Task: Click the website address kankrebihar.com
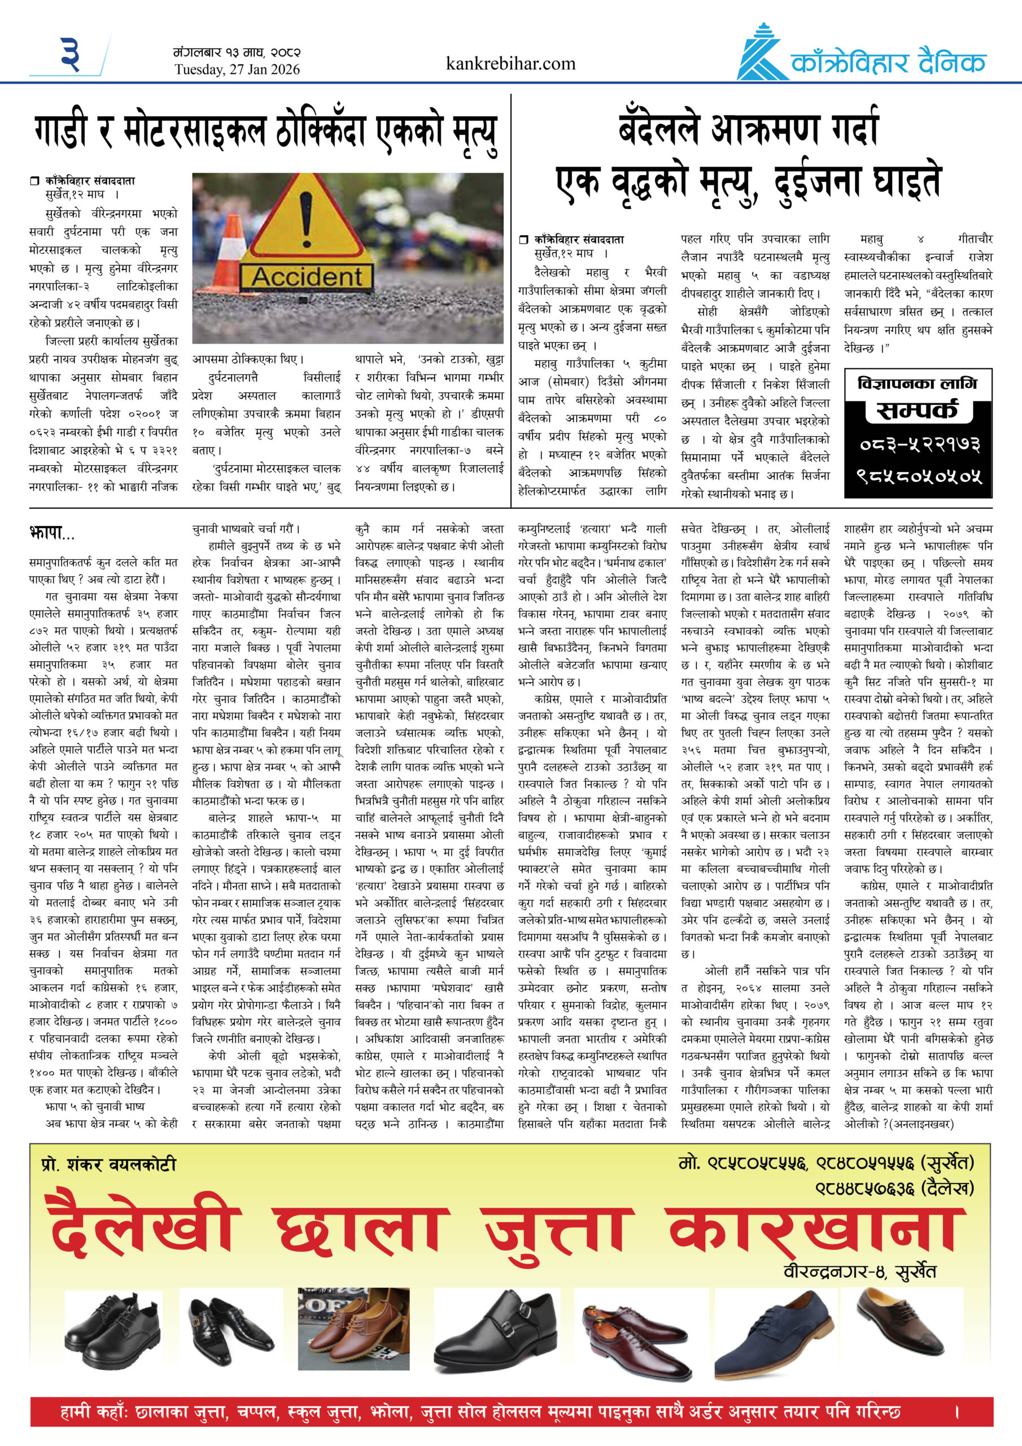(510, 64)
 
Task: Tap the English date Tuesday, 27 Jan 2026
(237, 70)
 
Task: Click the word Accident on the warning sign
(307, 276)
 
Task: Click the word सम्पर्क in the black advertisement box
(917, 411)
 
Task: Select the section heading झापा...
(51, 534)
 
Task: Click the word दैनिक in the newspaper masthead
(951, 63)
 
